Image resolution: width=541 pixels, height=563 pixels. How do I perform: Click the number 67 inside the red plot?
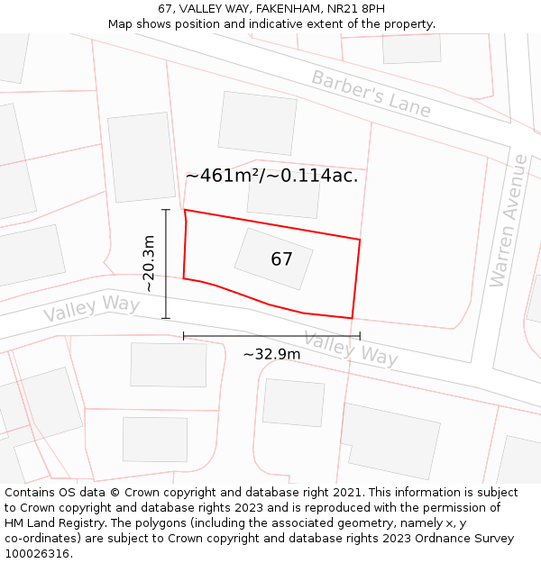click(281, 259)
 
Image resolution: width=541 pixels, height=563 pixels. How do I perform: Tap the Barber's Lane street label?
click(371, 93)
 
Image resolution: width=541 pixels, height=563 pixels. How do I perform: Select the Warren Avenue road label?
click(508, 221)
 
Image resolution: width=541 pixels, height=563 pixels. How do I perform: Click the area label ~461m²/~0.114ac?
click(271, 176)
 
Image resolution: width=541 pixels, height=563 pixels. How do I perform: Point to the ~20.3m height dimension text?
click(149, 263)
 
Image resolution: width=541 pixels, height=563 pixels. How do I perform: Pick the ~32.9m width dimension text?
click(271, 354)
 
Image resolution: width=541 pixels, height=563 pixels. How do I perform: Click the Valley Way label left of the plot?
click(91, 309)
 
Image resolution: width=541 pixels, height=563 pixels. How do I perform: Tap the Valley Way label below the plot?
click(350, 348)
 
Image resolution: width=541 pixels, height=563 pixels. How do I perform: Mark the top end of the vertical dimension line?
click(166, 210)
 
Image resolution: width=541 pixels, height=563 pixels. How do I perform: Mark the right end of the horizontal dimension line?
click(360, 336)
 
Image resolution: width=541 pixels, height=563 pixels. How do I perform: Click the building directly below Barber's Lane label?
click(257, 123)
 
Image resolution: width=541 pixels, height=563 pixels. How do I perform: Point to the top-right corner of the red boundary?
click(360, 240)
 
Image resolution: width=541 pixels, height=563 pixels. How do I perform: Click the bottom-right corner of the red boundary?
click(352, 318)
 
